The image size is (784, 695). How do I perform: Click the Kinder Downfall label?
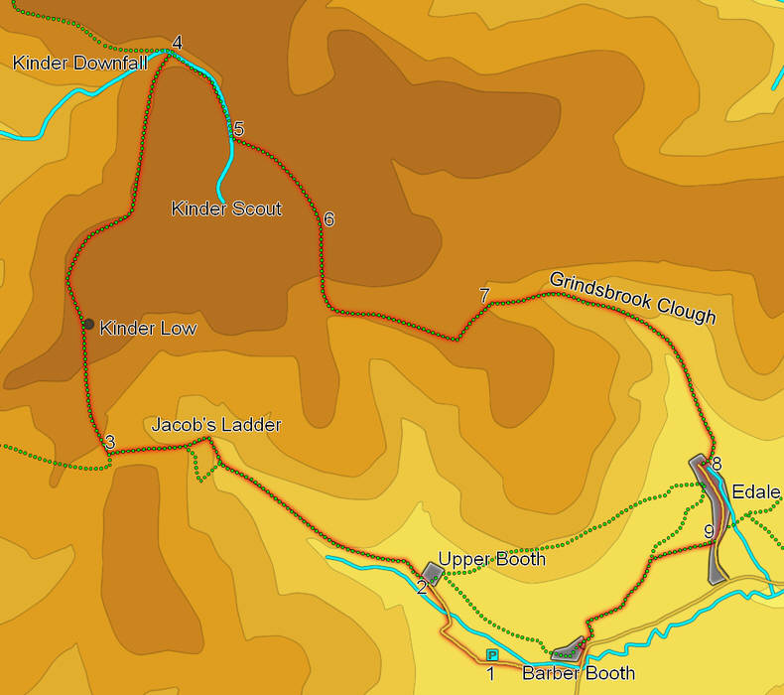click(x=79, y=64)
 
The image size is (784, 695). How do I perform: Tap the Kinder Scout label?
click(x=226, y=208)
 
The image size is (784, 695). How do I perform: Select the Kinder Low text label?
click(x=148, y=329)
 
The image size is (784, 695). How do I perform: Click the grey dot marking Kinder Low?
click(x=88, y=324)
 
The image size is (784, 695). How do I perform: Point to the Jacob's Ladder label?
click(x=216, y=425)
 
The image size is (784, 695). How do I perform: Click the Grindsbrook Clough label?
click(x=632, y=297)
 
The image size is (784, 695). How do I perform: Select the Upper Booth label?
click(x=491, y=559)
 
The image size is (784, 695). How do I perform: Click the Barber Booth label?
click(x=579, y=674)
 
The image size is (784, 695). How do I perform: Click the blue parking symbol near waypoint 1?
click(x=492, y=655)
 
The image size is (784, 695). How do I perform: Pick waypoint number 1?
click(x=490, y=674)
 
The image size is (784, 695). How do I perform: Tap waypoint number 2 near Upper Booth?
click(x=421, y=587)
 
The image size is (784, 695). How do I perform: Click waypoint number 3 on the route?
click(x=110, y=442)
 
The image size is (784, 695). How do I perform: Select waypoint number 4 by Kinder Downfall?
click(x=177, y=43)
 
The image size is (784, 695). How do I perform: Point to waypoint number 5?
click(x=238, y=128)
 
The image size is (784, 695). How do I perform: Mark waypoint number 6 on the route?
click(x=328, y=218)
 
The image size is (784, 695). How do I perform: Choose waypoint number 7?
click(x=484, y=295)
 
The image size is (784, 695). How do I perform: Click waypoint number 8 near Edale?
click(x=716, y=464)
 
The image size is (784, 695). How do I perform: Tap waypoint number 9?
click(x=709, y=532)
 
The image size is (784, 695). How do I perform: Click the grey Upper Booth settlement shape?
click(x=432, y=573)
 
